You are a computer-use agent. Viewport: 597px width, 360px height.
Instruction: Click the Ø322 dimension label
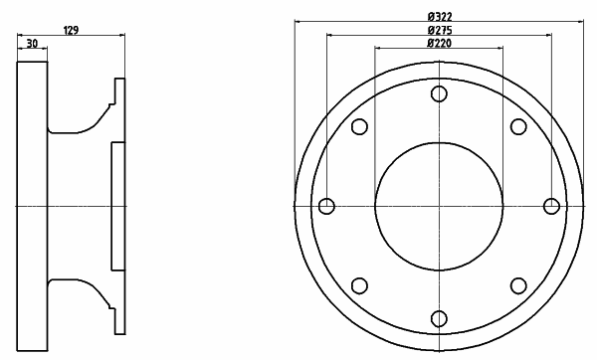440,17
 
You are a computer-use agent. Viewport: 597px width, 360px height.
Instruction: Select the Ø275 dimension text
440,30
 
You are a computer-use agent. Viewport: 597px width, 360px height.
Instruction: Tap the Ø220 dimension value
440,43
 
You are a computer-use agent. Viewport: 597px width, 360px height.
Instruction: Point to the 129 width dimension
71,31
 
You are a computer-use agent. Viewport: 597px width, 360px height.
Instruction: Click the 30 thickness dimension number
33,44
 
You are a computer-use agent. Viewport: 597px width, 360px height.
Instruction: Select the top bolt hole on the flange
439,93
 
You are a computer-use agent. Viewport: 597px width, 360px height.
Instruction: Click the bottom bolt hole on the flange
439,318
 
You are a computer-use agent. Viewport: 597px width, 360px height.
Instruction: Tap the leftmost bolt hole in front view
326,206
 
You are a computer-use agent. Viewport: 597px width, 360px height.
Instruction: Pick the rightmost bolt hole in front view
551,206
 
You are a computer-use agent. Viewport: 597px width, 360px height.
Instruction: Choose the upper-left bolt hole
359,126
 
